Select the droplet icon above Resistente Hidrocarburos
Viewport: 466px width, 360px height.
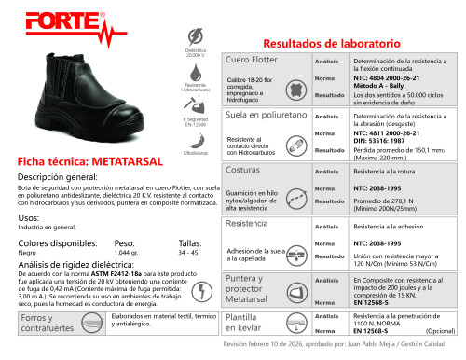196,72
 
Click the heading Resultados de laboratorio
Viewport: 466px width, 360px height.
332,44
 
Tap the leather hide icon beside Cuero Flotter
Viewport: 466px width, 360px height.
295,90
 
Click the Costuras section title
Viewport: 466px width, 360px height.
243,172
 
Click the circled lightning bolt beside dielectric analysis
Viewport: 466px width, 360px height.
203,289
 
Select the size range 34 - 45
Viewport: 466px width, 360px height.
188,253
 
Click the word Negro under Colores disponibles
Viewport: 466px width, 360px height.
27,253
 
